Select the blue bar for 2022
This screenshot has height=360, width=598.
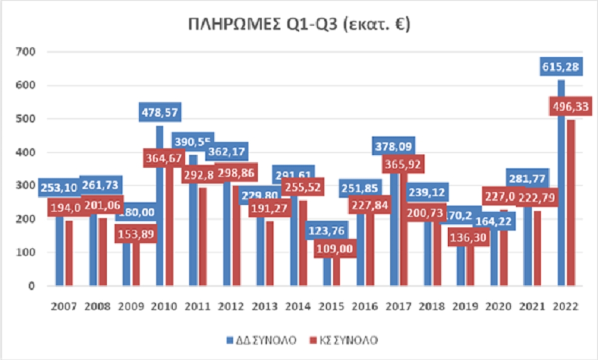click(561, 199)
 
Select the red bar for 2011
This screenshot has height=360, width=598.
click(202, 239)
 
